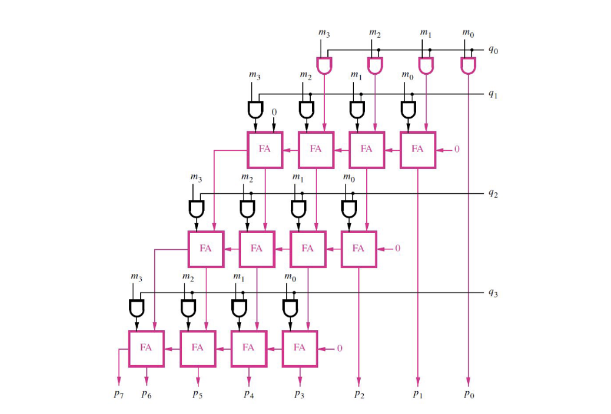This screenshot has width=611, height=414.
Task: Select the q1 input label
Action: pyautogui.click(x=493, y=95)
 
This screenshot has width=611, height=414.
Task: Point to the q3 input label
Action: pyautogui.click(x=493, y=293)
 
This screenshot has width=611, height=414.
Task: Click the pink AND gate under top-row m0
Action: pyautogui.click(x=469, y=65)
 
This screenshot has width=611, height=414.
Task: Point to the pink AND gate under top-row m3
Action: pyautogui.click(x=325, y=65)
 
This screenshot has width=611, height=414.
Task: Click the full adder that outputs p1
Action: pyautogui.click(x=418, y=149)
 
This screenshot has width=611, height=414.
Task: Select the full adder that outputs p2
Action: pyautogui.click(x=358, y=249)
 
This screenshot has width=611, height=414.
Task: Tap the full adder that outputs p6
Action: pyautogui.click(x=146, y=348)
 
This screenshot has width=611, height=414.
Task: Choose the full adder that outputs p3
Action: pyautogui.click(x=299, y=348)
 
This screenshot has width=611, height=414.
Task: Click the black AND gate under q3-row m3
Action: pyautogui.click(x=136, y=309)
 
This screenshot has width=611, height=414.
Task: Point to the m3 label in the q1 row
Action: pyautogui.click(x=255, y=76)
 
